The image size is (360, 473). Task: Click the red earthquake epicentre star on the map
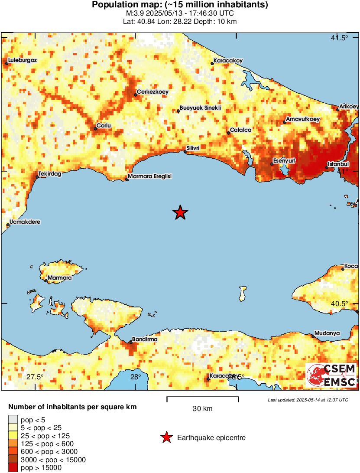pyautogui.click(x=180, y=212)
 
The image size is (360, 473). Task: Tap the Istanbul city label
pyautogui.click(x=338, y=164)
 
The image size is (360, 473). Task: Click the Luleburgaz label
pyautogui.click(x=22, y=60)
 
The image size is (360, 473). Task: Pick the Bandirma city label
pyautogui.click(x=144, y=339)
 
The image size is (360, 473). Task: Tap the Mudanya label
pyautogui.click(x=327, y=333)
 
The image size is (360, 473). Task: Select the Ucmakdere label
pyautogui.click(x=25, y=222)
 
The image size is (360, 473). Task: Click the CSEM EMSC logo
pyautogui.click(x=331, y=375)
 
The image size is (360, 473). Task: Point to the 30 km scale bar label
pyautogui.click(x=202, y=409)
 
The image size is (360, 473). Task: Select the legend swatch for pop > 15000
pyautogui.click(x=13, y=467)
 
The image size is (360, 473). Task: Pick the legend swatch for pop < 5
pyautogui.click(x=13, y=419)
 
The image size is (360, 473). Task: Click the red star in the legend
pyautogui.click(x=166, y=438)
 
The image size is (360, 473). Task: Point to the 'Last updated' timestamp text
pyautogui.click(x=308, y=400)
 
